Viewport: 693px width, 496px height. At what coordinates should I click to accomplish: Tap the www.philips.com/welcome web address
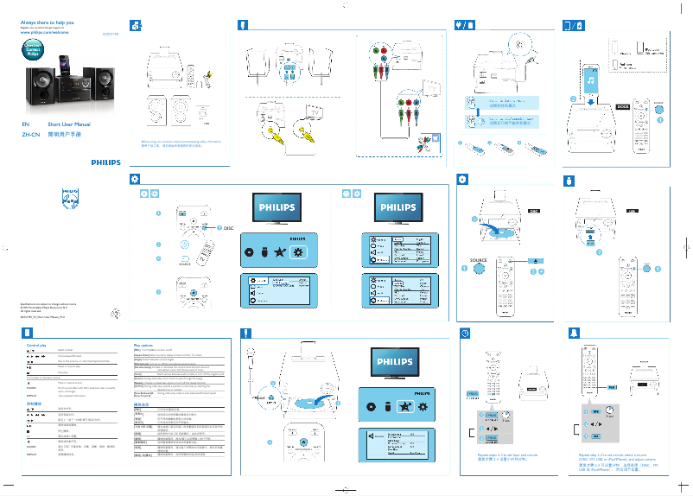[44, 31]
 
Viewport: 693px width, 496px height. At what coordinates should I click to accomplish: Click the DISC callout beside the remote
[228, 227]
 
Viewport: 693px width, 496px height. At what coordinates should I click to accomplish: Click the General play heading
[37, 345]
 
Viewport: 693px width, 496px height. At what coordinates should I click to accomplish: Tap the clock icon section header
[465, 334]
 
